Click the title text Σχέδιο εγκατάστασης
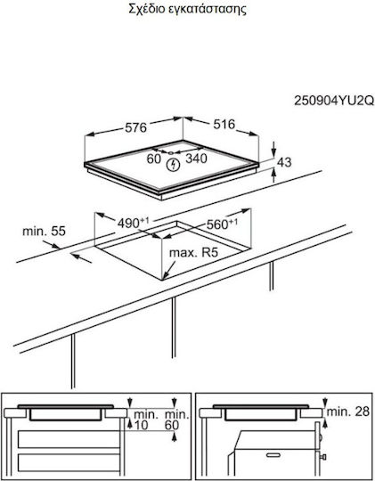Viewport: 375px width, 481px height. click(x=187, y=10)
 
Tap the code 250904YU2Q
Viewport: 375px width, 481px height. click(x=334, y=101)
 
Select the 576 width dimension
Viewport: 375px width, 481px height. click(x=136, y=127)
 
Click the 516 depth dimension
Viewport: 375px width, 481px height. click(x=224, y=124)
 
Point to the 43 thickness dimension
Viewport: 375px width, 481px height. click(x=284, y=162)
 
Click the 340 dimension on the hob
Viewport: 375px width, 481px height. click(x=196, y=159)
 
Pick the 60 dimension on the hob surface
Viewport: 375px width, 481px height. click(x=154, y=159)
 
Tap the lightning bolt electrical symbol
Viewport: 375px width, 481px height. click(x=173, y=165)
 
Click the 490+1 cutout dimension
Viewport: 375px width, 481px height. click(x=134, y=223)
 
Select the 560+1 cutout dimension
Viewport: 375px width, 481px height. click(x=222, y=224)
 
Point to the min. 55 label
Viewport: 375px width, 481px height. click(x=45, y=231)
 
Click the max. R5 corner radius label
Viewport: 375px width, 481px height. click(x=193, y=252)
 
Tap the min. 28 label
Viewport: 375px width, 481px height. click(x=348, y=412)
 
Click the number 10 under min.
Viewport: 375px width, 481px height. click(x=141, y=425)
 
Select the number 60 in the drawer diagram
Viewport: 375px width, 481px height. click(x=172, y=425)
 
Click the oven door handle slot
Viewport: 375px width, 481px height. click(x=273, y=455)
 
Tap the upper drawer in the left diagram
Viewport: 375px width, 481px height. click(x=69, y=439)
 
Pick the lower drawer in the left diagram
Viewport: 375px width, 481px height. click(x=69, y=462)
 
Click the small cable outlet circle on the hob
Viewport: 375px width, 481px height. click(x=171, y=152)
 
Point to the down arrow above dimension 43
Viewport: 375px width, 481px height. click(x=273, y=150)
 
